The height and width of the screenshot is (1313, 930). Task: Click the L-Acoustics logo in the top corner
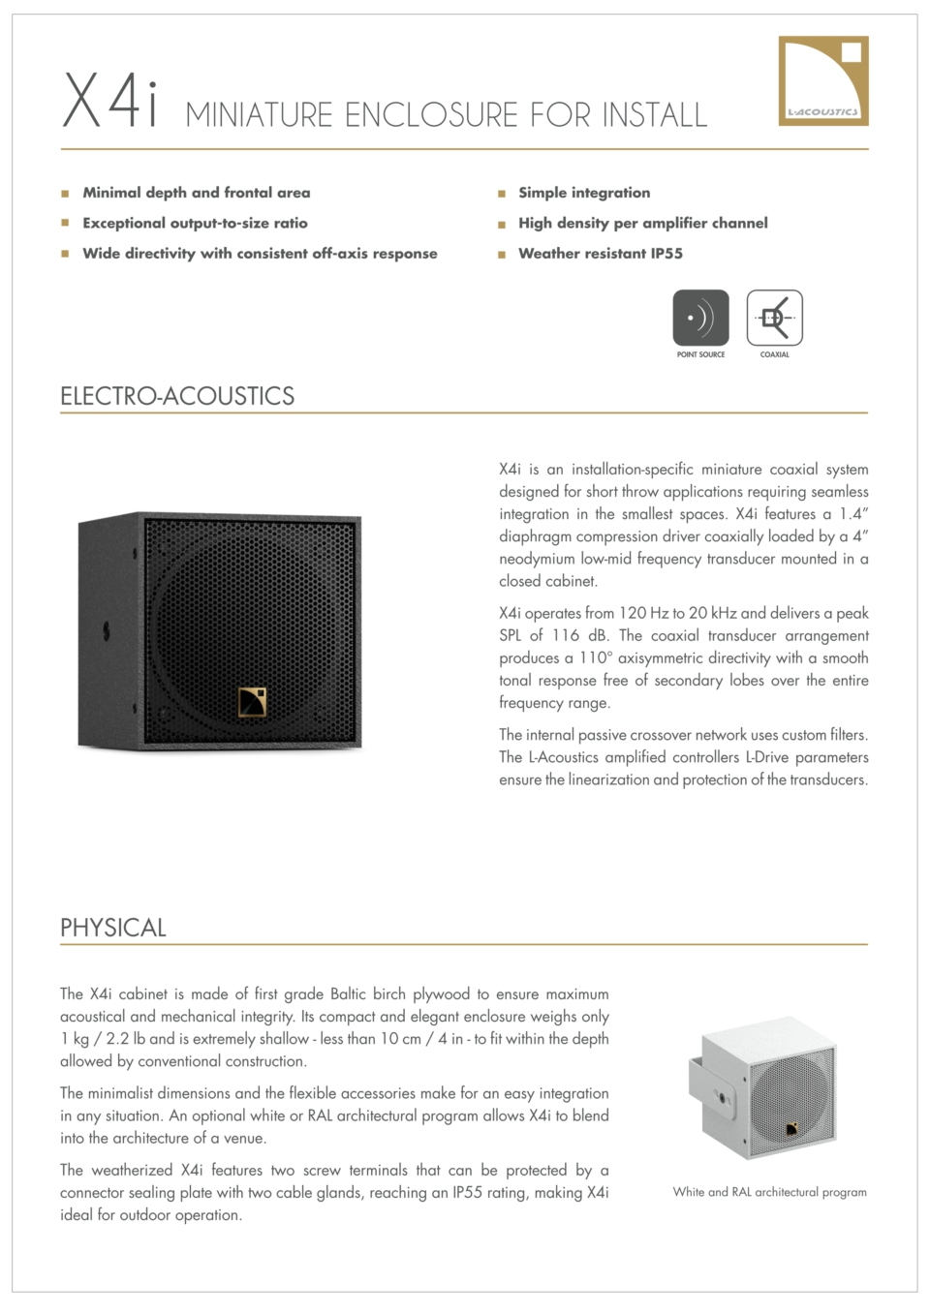(823, 80)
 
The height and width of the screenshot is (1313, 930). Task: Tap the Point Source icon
(700, 319)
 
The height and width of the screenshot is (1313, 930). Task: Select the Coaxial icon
(774, 319)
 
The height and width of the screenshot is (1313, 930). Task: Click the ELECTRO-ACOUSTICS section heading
(177, 396)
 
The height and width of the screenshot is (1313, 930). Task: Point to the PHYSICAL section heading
(113, 928)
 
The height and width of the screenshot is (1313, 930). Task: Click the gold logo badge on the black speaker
(252, 702)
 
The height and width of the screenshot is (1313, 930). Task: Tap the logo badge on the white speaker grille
(791, 1128)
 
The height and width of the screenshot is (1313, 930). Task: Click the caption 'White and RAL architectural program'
(769, 1192)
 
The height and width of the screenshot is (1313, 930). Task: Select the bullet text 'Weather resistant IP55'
(600, 254)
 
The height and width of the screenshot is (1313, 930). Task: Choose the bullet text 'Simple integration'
(584, 193)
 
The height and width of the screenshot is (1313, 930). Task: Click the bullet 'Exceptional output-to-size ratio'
(195, 223)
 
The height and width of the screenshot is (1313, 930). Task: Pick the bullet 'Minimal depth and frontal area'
(197, 193)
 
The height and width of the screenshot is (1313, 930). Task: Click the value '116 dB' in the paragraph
(579, 635)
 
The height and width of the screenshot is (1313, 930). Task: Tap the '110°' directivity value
(595, 657)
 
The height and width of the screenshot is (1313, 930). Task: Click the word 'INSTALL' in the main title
(655, 115)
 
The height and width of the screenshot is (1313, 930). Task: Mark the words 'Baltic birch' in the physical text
(367, 993)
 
